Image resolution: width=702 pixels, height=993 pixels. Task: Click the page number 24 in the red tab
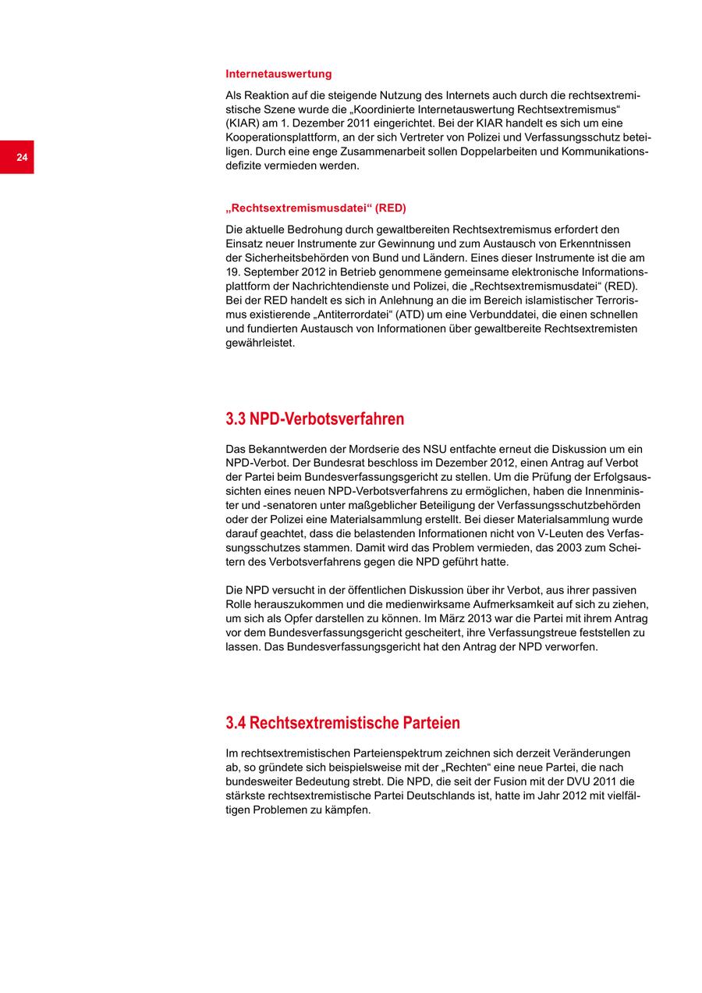click(x=22, y=158)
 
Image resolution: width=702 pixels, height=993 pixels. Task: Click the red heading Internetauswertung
click(x=278, y=74)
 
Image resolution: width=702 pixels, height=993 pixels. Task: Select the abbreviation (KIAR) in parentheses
click(x=243, y=123)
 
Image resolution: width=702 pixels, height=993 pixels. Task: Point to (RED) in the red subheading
click(x=391, y=208)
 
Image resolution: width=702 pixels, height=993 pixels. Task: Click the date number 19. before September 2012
click(x=233, y=272)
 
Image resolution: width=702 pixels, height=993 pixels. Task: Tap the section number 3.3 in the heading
click(x=236, y=419)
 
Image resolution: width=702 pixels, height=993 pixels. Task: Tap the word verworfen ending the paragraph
click(x=570, y=647)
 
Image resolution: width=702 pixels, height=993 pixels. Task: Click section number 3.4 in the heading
click(x=236, y=723)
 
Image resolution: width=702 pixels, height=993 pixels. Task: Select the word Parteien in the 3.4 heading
click(x=431, y=723)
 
